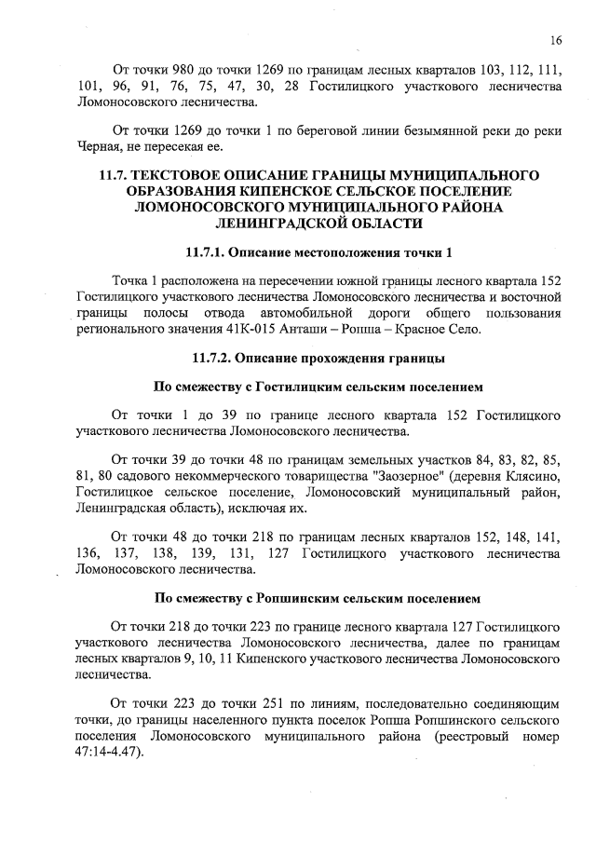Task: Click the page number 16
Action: coord(556,40)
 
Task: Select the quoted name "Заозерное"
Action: coord(401,475)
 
